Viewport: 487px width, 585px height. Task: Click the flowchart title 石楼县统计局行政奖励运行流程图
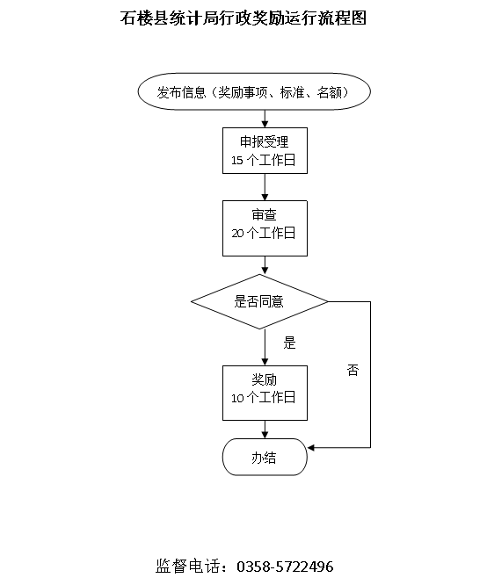243,18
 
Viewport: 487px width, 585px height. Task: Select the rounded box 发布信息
254,91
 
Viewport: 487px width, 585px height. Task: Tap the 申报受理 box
265,151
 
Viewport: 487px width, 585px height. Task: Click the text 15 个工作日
264,160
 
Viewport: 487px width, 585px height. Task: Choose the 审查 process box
265,228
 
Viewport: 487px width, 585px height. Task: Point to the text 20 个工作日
264,233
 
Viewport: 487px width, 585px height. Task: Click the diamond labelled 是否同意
259,302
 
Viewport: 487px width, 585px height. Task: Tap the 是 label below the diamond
289,343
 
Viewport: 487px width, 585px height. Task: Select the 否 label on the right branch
353,370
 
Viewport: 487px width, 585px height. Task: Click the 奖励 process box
265,394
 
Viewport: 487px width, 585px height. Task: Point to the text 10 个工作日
264,398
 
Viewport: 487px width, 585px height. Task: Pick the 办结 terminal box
265,457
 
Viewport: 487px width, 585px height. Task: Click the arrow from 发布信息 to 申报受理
265,119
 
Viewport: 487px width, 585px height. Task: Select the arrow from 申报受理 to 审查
265,187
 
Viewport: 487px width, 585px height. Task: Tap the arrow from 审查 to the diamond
265,265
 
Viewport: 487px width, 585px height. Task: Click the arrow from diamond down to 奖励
265,347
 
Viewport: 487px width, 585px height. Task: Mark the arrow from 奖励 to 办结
265,430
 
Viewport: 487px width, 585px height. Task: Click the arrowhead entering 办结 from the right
310,448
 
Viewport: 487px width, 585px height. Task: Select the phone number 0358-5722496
285,567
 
